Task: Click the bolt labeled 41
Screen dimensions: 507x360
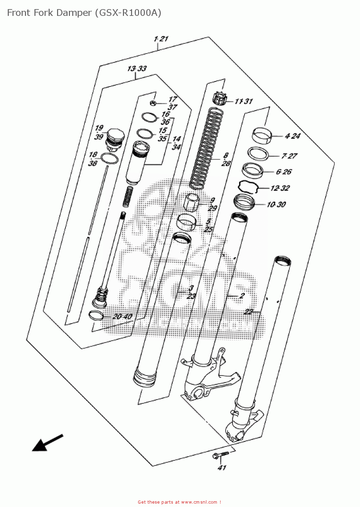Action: pyautogui.click(x=220, y=455)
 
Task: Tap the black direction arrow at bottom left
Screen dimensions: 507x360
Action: pyautogui.click(x=46, y=443)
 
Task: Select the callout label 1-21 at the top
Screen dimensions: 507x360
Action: pyautogui.click(x=161, y=39)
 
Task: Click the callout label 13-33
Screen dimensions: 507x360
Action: pyautogui.click(x=137, y=69)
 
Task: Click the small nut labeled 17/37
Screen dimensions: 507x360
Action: pyautogui.click(x=153, y=103)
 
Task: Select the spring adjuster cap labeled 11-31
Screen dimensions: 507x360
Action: pyautogui.click(x=218, y=98)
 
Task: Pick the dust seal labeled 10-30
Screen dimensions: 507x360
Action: pyautogui.click(x=244, y=202)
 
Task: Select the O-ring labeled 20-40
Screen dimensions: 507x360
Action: pyautogui.click(x=96, y=315)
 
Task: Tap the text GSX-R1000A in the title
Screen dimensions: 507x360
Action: pyautogui.click(x=128, y=13)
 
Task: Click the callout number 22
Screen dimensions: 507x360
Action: pyautogui.click(x=248, y=312)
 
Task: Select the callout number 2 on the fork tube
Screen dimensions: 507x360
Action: pyautogui.click(x=242, y=296)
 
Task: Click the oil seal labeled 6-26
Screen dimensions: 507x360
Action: pyautogui.click(x=253, y=170)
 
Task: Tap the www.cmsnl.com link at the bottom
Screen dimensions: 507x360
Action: pyautogui.click(x=199, y=502)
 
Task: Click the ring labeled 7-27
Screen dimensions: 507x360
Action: pyautogui.click(x=258, y=153)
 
